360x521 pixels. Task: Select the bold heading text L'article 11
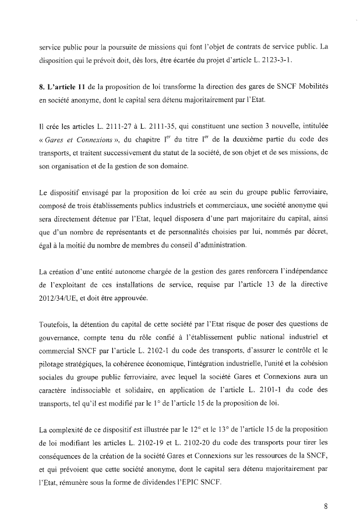(x=61, y=87)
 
